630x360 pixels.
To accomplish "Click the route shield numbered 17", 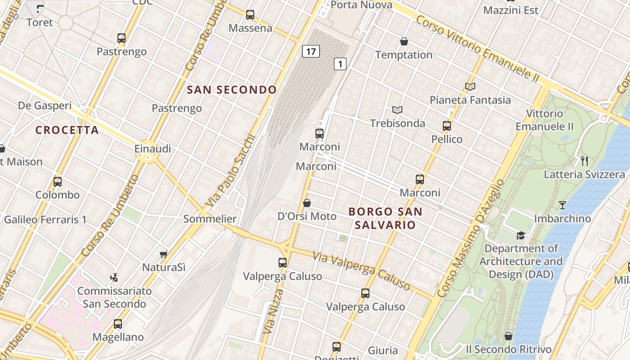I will (x=310, y=51).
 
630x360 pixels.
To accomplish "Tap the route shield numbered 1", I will (x=340, y=64).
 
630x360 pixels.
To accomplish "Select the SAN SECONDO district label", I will (x=232, y=90).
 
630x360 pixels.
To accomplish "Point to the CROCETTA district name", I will (x=67, y=130).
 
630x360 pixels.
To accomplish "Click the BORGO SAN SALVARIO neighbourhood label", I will (x=385, y=218).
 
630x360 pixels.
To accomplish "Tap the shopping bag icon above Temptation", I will (x=404, y=42).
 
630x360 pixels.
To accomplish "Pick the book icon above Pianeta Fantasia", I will (x=470, y=86).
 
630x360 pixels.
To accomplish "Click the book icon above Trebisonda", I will (x=397, y=110).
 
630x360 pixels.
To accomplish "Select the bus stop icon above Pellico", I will (x=447, y=126).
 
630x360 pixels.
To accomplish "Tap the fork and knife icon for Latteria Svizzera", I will (x=585, y=161).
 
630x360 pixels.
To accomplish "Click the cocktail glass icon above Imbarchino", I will (x=562, y=205).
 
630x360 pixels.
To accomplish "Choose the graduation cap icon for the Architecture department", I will (x=521, y=235).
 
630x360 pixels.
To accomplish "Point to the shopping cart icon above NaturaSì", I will (x=164, y=254).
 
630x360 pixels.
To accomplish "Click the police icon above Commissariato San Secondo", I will (x=114, y=277).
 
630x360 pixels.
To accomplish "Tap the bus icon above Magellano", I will (x=118, y=324).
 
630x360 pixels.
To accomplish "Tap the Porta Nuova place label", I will (x=361, y=5).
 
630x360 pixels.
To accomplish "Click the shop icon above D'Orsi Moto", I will (x=307, y=203).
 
